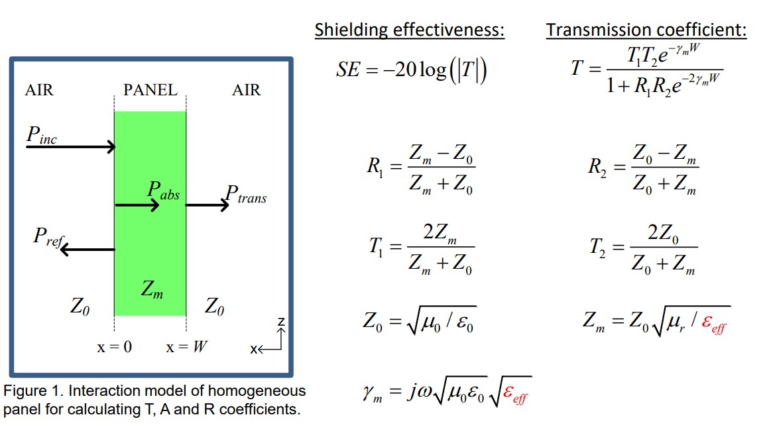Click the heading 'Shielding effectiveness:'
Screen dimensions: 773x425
point(409,30)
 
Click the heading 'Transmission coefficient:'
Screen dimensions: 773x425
point(646,30)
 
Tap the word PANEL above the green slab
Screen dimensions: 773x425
point(150,90)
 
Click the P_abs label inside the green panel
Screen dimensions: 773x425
point(163,192)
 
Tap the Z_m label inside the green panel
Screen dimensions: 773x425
point(152,289)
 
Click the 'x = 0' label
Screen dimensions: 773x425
point(114,347)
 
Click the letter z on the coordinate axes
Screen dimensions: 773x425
point(281,322)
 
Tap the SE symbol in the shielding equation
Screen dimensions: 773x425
point(347,70)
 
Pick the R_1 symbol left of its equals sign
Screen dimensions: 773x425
point(374,166)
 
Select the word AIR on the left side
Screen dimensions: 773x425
point(39,90)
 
